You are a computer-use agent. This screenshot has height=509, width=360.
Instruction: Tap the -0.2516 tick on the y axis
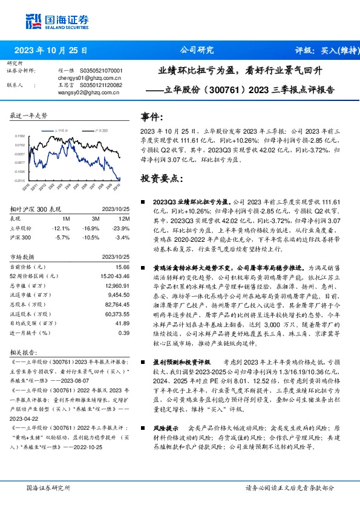tap(20, 180)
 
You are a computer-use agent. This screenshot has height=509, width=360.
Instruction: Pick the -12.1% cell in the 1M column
tap(62, 229)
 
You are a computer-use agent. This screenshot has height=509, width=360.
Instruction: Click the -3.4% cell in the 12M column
tap(121, 238)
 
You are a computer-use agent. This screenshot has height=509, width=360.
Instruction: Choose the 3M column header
tap(96, 219)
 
